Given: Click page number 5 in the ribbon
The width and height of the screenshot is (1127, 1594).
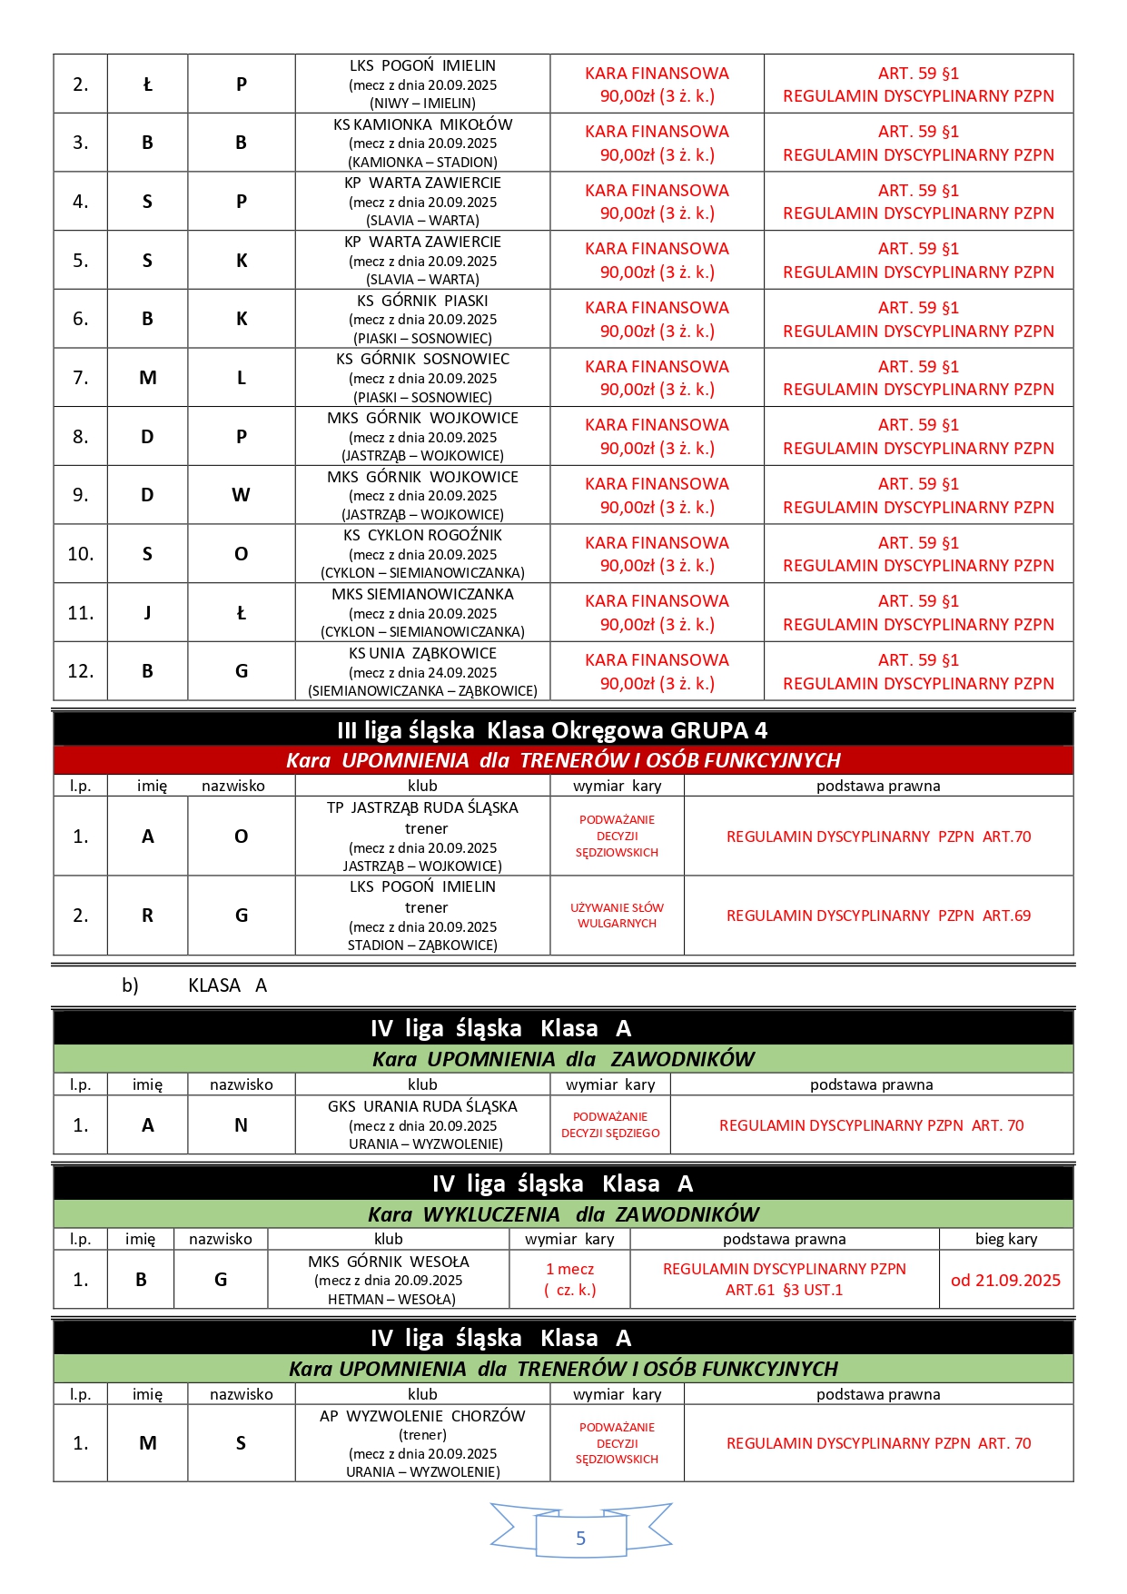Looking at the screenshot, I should click(580, 1538).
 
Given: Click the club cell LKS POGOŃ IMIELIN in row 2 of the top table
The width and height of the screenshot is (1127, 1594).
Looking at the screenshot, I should click(422, 84).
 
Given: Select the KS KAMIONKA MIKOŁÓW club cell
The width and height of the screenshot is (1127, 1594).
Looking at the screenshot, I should click(422, 143).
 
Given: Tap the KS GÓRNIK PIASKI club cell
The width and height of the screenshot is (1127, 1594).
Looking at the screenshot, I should click(422, 319).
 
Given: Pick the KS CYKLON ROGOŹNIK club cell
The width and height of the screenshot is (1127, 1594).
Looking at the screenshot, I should click(422, 554).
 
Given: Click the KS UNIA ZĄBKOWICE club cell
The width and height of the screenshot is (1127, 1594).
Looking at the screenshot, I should click(422, 671).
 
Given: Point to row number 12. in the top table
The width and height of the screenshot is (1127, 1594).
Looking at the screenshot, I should click(81, 671).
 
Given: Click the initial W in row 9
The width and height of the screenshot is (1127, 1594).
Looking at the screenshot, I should click(241, 495).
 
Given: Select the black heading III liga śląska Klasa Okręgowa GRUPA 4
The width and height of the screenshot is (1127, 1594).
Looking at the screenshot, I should click(563, 730).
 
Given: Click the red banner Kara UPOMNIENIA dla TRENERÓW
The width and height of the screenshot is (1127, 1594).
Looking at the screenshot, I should click(563, 760).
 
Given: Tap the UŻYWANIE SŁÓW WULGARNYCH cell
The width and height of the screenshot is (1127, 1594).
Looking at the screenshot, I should click(617, 916).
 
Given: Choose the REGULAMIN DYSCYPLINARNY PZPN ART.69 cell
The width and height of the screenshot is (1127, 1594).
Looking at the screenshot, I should click(878, 916).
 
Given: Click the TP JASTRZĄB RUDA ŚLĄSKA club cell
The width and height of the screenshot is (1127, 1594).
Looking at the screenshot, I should click(422, 836).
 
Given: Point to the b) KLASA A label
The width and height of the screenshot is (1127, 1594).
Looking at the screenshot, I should click(194, 985).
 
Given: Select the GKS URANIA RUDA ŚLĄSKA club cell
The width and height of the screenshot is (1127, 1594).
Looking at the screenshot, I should click(422, 1124).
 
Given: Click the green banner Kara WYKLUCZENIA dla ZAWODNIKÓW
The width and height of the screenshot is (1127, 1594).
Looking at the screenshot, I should click(563, 1214).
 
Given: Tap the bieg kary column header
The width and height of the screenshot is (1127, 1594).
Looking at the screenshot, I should click(1005, 1239).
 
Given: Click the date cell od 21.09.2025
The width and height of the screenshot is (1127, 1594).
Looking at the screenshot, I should click(1005, 1280).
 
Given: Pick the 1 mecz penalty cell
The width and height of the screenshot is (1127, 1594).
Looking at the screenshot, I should click(569, 1280).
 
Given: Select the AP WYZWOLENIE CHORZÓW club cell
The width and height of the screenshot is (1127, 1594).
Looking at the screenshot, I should click(422, 1443).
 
